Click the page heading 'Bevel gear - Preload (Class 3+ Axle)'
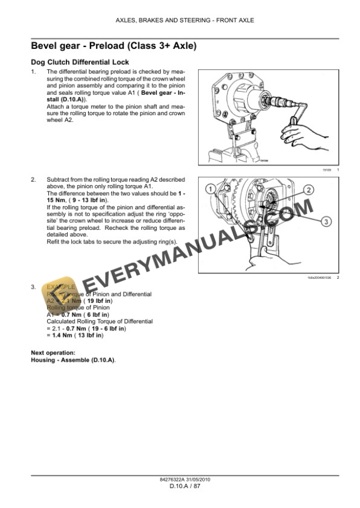[113, 45]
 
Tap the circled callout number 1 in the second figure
[209, 189]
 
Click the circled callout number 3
[329, 221]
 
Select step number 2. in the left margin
[34, 179]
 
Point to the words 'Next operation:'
[50, 352]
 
